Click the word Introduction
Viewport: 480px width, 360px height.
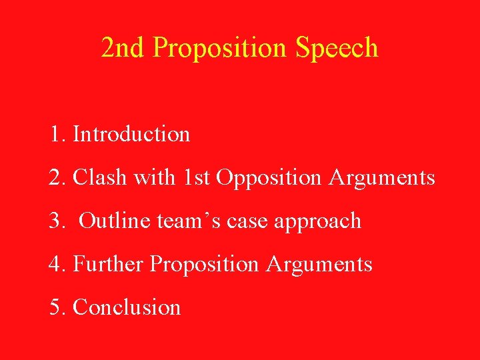(x=131, y=134)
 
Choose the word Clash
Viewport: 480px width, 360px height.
(x=101, y=177)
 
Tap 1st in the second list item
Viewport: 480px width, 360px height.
(x=197, y=177)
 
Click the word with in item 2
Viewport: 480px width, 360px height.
(x=155, y=177)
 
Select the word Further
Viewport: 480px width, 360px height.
(x=108, y=264)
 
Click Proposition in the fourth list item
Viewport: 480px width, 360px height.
(x=204, y=265)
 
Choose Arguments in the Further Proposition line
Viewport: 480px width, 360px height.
(x=319, y=265)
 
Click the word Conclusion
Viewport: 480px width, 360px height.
(x=127, y=307)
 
